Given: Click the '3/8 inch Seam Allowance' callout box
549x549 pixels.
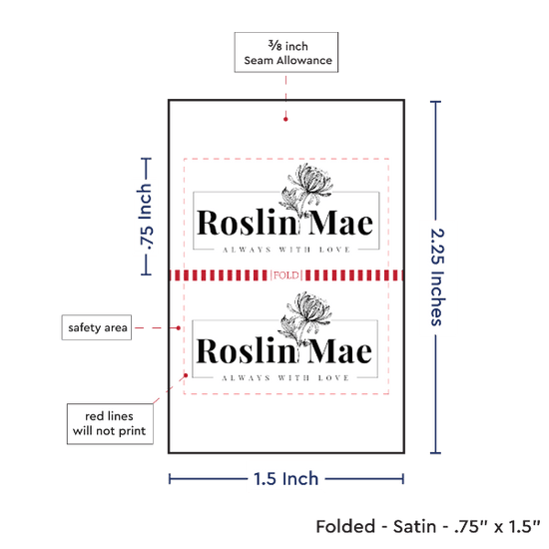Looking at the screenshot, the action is click(286, 52).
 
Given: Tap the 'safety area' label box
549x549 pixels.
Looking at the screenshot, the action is click(97, 327).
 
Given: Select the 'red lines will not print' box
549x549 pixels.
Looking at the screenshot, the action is click(110, 423).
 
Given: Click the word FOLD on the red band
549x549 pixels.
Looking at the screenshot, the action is click(286, 275).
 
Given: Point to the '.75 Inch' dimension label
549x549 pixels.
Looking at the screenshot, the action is click(145, 217).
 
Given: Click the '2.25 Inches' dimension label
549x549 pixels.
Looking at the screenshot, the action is click(437, 276).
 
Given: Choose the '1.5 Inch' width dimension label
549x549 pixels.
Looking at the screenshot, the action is click(285, 478).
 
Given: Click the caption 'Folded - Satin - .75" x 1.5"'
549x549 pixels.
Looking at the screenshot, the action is click(428, 526).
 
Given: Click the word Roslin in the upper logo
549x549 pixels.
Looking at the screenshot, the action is click(247, 223).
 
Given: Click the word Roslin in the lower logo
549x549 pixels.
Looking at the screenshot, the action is click(247, 350).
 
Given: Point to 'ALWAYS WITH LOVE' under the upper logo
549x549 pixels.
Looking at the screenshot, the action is click(286, 250).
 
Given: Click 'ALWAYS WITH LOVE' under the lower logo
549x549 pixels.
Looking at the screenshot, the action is click(285, 377).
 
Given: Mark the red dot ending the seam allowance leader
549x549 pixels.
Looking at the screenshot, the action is click(285, 119).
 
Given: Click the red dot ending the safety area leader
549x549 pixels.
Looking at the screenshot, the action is click(179, 328).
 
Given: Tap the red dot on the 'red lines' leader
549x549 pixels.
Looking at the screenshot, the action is click(186, 375).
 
